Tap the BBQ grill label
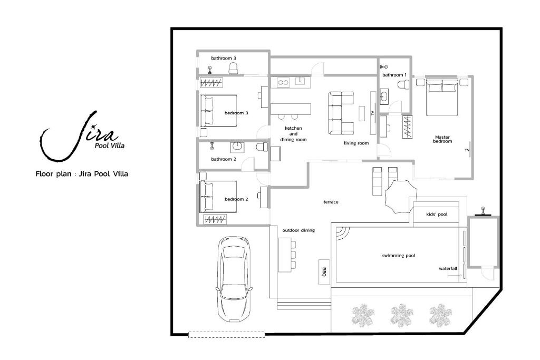pos(324,272)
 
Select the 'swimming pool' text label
pos(399,256)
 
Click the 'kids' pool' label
pos(437,215)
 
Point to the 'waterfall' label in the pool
pos(448,268)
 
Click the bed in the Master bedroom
pos(442,97)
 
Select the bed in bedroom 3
pos(218,111)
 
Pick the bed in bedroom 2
pos(218,197)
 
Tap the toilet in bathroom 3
pos(234,67)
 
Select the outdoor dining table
pos(284,255)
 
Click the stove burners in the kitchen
pos(284,82)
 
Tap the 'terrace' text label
pos(331,202)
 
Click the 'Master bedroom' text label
pos(442,139)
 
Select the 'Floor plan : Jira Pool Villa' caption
pos(82,173)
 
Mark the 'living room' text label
pos(356,143)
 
